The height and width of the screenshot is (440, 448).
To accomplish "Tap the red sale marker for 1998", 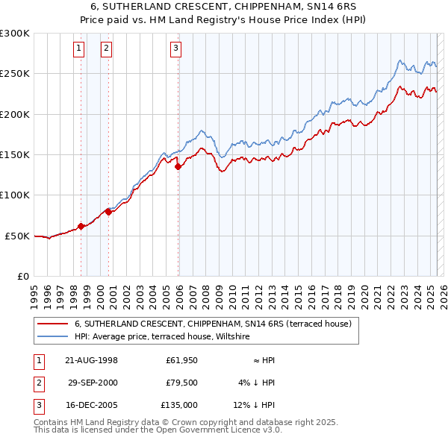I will click(81, 227).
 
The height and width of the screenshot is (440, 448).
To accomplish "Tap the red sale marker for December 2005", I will click(178, 167).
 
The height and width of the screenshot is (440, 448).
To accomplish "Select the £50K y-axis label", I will click(17, 236).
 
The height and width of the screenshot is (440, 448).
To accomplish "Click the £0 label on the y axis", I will click(23, 276).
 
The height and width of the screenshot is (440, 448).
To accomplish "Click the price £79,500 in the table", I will click(181, 383).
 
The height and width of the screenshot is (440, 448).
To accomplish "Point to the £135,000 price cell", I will click(179, 405).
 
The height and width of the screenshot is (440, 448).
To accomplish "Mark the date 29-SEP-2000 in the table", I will click(91, 383).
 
